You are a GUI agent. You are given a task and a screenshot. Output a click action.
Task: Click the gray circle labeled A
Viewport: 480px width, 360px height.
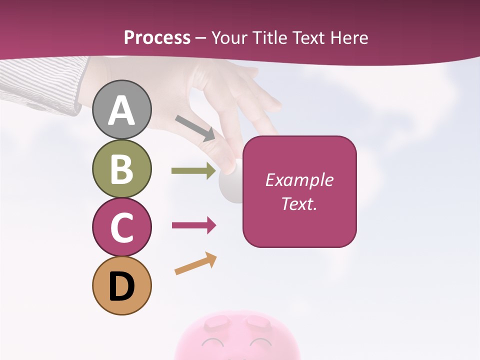click(121, 109)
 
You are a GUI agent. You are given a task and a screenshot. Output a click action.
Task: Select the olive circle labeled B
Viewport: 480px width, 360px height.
click(121, 168)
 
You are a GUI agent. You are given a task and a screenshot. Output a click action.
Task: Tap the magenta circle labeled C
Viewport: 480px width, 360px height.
click(121, 227)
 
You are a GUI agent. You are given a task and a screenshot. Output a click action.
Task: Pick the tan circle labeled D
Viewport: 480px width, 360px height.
click(121, 286)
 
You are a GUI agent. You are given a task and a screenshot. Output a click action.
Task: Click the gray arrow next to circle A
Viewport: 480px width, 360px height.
click(195, 128)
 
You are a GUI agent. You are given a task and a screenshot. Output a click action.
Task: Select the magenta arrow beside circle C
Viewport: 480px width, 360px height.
click(193, 225)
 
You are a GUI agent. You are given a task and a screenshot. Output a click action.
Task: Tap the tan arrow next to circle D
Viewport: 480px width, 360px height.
click(195, 263)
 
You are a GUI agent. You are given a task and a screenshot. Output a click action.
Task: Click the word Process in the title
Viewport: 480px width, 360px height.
click(157, 37)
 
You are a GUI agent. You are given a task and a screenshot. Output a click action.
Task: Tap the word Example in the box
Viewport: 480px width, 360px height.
click(299, 180)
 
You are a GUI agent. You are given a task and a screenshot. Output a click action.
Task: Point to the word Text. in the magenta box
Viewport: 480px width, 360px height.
click(299, 203)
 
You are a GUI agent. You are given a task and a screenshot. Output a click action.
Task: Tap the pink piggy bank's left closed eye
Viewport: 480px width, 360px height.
click(213, 343)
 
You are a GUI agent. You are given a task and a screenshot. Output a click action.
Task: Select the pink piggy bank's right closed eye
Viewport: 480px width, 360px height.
click(260, 343)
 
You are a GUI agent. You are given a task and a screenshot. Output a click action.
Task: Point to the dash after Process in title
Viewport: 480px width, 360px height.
click(201, 38)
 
